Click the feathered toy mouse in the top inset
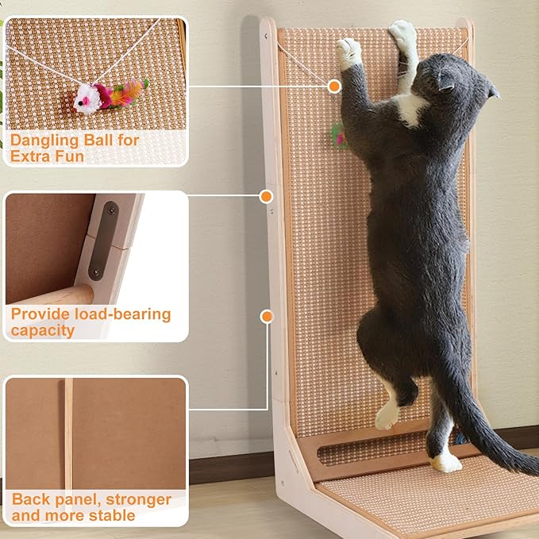pyautogui.click(x=110, y=95)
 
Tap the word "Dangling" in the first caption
pyautogui.click(x=44, y=141)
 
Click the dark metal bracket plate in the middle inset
pyautogui.click(x=103, y=241)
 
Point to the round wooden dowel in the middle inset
pyautogui.click(x=55, y=295)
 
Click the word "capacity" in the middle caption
pyautogui.click(x=43, y=331)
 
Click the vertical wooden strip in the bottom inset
pyautogui.click(x=68, y=433)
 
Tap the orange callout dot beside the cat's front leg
pyautogui.click(x=334, y=86)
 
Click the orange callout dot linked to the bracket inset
pyautogui.click(x=266, y=197)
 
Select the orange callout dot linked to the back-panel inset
pyautogui.click(x=267, y=317)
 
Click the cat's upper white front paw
pyautogui.click(x=402, y=33)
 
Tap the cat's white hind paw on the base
pyautogui.click(x=446, y=463)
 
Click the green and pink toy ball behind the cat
pyautogui.click(x=339, y=136)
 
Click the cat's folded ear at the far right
pyautogui.click(x=494, y=91)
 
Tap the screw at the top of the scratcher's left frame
pyautogui.click(x=266, y=35)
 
